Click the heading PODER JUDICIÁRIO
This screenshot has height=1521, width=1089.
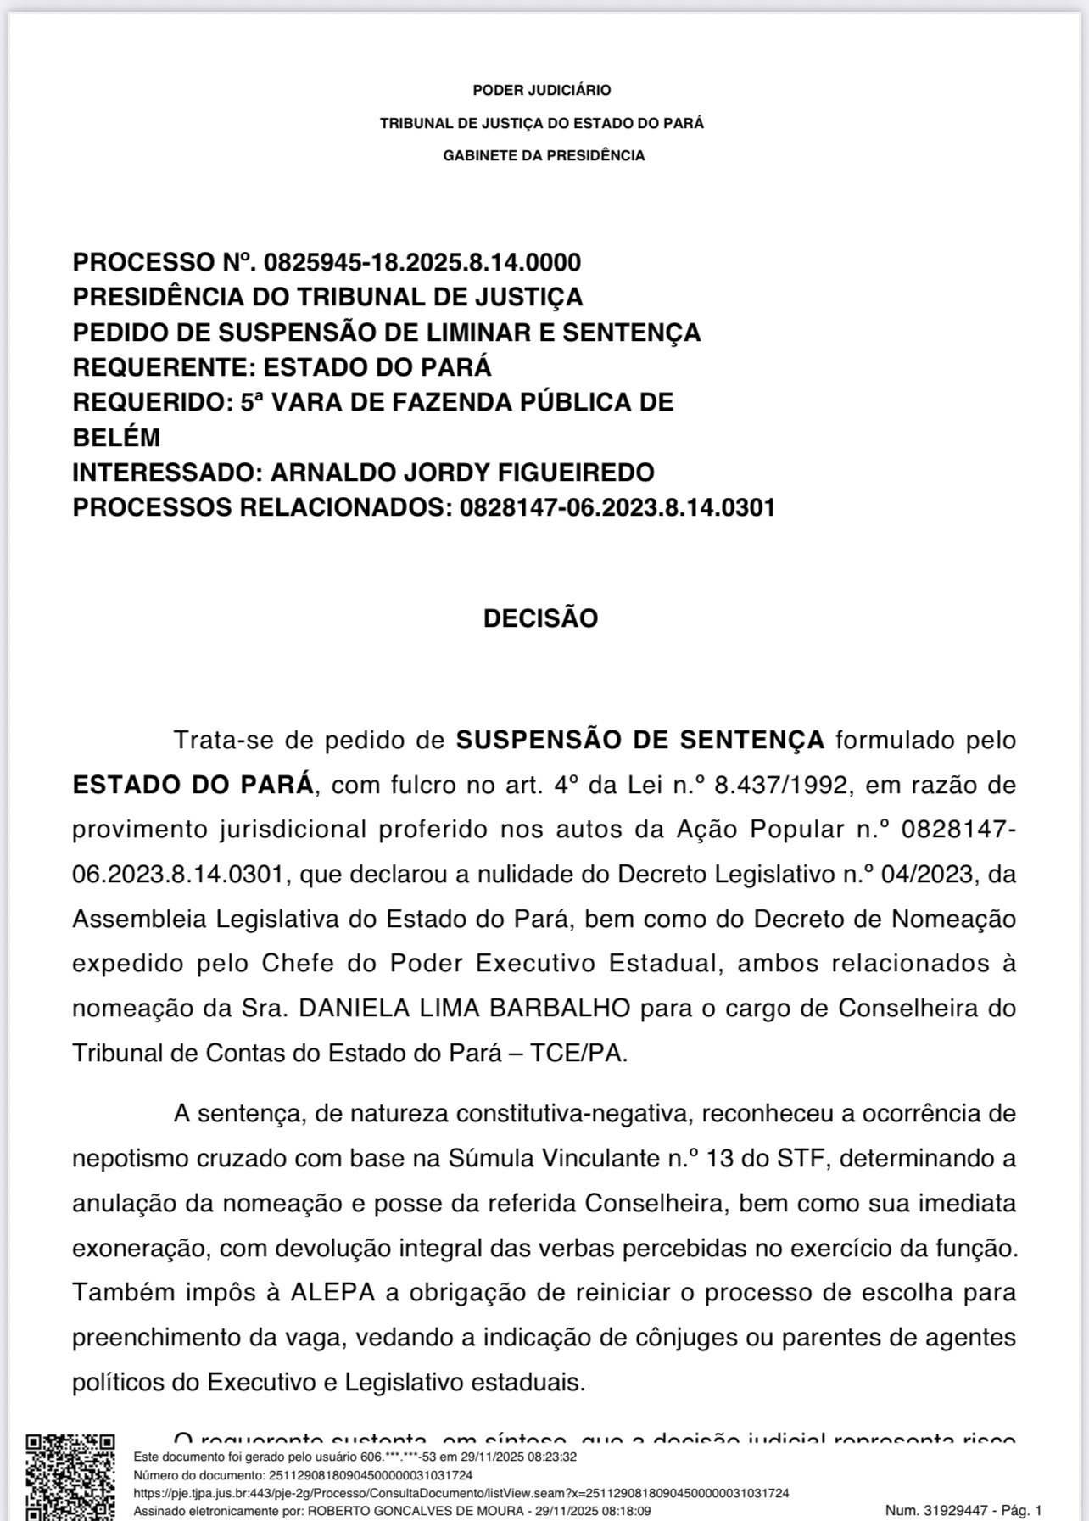coord(541,90)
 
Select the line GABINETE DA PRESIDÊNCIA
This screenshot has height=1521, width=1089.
coord(544,155)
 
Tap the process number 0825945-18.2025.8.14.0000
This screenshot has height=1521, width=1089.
coord(422,262)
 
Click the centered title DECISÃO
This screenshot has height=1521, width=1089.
coord(540,618)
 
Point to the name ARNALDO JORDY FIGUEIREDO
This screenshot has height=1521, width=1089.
coord(462,472)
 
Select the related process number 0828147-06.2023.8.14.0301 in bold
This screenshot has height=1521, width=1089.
coord(617,507)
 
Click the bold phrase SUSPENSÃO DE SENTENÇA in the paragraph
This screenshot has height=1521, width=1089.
coord(640,740)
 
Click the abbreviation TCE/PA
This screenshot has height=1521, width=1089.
coord(578,1054)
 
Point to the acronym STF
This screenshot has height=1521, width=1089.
coord(801,1158)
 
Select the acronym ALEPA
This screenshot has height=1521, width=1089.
coord(339,1293)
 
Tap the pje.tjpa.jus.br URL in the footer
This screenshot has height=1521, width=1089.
coord(461,1492)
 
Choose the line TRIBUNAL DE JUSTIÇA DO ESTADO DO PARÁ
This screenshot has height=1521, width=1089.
coord(541,123)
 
